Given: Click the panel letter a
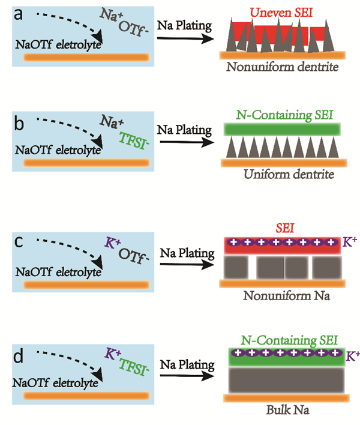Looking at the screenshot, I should pos(12,13).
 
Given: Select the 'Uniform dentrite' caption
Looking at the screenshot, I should pos(281,173).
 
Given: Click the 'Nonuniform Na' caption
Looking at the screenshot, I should pos(281,295).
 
